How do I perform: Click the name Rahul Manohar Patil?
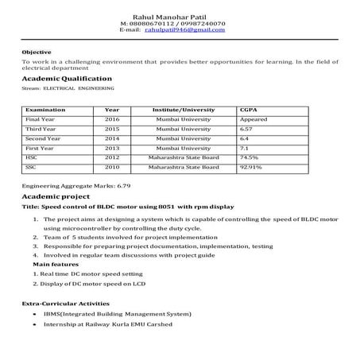(179, 15)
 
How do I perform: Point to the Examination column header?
(45, 109)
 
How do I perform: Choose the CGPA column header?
(250, 109)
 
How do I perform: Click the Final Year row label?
(40, 118)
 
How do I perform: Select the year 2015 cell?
(112, 128)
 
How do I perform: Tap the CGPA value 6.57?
(247, 128)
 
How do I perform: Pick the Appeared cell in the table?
(254, 118)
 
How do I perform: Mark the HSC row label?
(32, 157)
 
